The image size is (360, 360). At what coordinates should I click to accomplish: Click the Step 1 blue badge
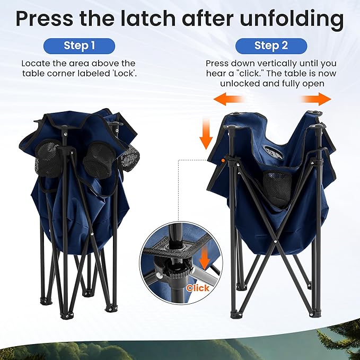79,46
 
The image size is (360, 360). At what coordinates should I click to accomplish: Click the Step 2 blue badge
271,46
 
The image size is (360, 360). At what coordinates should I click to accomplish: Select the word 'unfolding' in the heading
292,19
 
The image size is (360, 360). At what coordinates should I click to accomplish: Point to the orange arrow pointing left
228,100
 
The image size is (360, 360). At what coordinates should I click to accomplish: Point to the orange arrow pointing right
317,100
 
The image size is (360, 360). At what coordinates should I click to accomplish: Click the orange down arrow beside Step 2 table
206,134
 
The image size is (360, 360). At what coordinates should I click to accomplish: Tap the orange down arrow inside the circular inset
204,260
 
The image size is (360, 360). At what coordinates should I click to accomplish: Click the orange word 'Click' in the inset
198,288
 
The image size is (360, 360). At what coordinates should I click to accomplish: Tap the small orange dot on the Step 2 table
223,161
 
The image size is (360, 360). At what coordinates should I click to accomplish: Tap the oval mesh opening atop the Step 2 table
273,152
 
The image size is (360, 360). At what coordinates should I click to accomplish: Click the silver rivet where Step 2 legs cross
275,241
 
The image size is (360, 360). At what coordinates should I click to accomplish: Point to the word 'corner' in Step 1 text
62,74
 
